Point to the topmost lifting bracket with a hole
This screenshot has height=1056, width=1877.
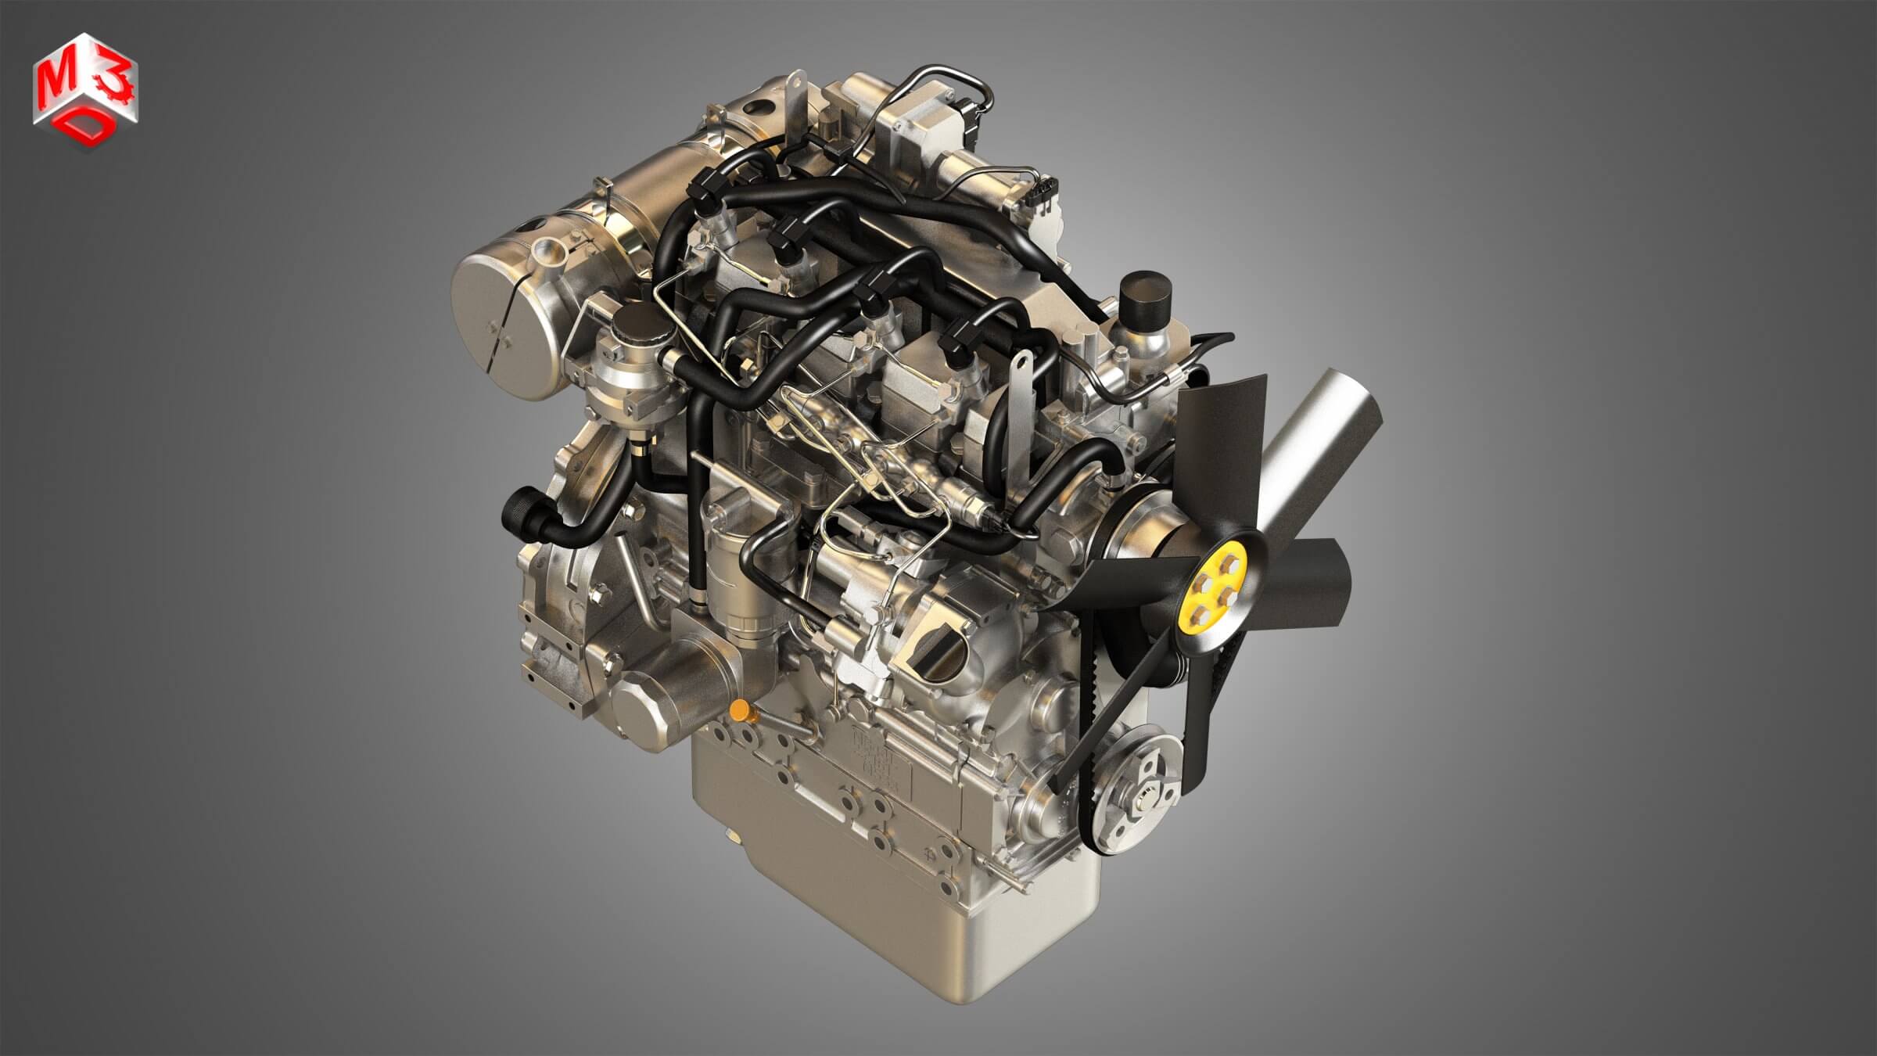click(794, 94)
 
